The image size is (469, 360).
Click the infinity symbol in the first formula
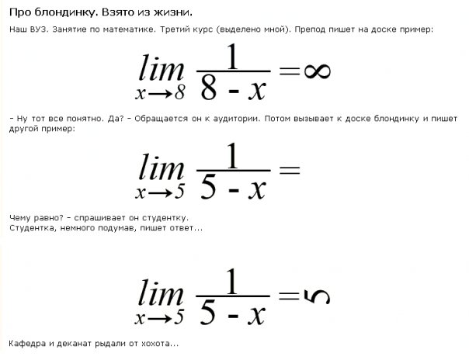(318, 71)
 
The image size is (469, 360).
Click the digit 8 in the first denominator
(208, 88)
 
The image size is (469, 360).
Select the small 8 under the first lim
(180, 92)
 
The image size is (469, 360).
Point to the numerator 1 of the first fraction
(233, 57)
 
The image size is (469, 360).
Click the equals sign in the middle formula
(289, 170)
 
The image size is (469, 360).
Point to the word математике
(129, 29)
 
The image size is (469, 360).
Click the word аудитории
(236, 119)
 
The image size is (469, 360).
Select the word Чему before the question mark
(19, 218)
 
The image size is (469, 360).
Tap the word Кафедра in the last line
(27, 344)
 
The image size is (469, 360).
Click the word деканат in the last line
(74, 344)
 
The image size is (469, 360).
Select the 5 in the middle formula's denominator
(208, 187)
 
